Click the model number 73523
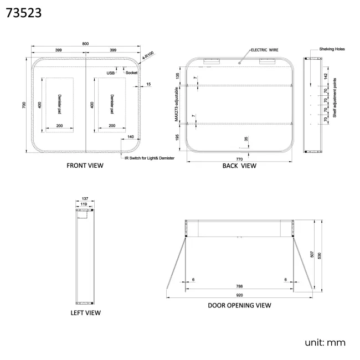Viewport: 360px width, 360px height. [x=24, y=13]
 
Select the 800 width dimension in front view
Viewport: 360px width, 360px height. [x=85, y=44]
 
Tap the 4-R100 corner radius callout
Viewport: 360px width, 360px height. [x=148, y=55]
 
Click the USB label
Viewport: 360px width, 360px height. [x=110, y=73]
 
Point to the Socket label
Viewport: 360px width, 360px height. [x=132, y=73]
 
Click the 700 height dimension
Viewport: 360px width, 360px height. [x=24, y=105]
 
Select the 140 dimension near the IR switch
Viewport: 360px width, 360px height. [x=130, y=137]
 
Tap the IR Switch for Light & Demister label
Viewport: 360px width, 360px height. [x=150, y=158]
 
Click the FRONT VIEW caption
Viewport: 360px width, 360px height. [x=85, y=166]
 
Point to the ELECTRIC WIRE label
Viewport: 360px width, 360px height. [x=265, y=50]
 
